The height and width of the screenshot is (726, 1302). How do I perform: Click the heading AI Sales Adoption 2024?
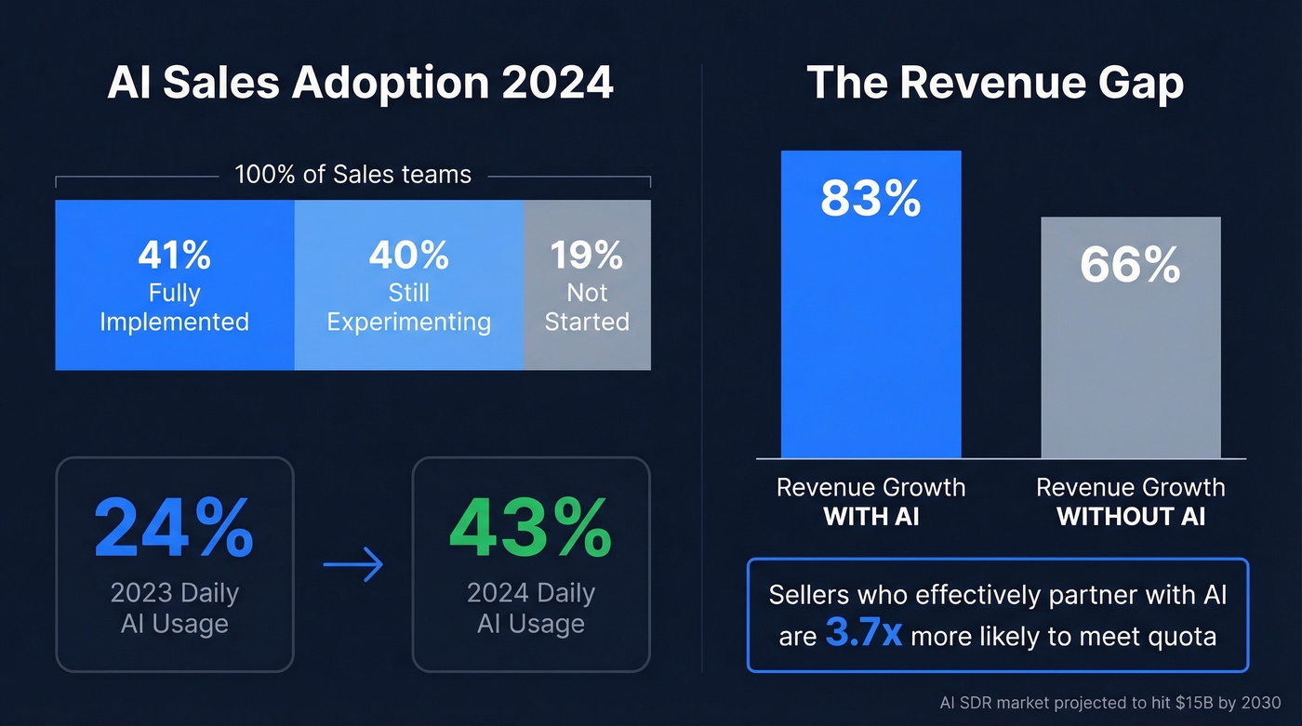[360, 83]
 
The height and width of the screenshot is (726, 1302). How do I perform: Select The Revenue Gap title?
[995, 83]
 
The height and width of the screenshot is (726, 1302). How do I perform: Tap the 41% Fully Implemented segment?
[175, 285]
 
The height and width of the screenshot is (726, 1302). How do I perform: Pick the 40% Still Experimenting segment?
[408, 285]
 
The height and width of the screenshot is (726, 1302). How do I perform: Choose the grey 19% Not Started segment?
[587, 285]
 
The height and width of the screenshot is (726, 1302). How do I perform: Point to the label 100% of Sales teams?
[352, 174]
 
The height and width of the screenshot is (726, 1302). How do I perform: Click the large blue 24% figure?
[174, 528]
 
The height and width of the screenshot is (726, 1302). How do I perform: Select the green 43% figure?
[530, 528]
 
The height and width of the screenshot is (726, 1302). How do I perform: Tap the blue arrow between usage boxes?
[353, 564]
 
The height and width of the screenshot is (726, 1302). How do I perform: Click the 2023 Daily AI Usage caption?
[174, 608]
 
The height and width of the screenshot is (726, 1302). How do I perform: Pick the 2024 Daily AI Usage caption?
[530, 608]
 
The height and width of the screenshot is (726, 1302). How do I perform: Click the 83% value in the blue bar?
[870, 198]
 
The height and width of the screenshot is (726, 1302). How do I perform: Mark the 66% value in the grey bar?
[1130, 265]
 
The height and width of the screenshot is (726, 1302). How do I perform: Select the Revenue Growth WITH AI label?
[870, 501]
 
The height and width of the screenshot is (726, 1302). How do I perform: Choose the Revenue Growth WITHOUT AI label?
[1131, 501]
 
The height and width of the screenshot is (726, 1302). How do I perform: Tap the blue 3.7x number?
[863, 635]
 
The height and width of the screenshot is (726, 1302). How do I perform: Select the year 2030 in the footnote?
[1259, 704]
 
